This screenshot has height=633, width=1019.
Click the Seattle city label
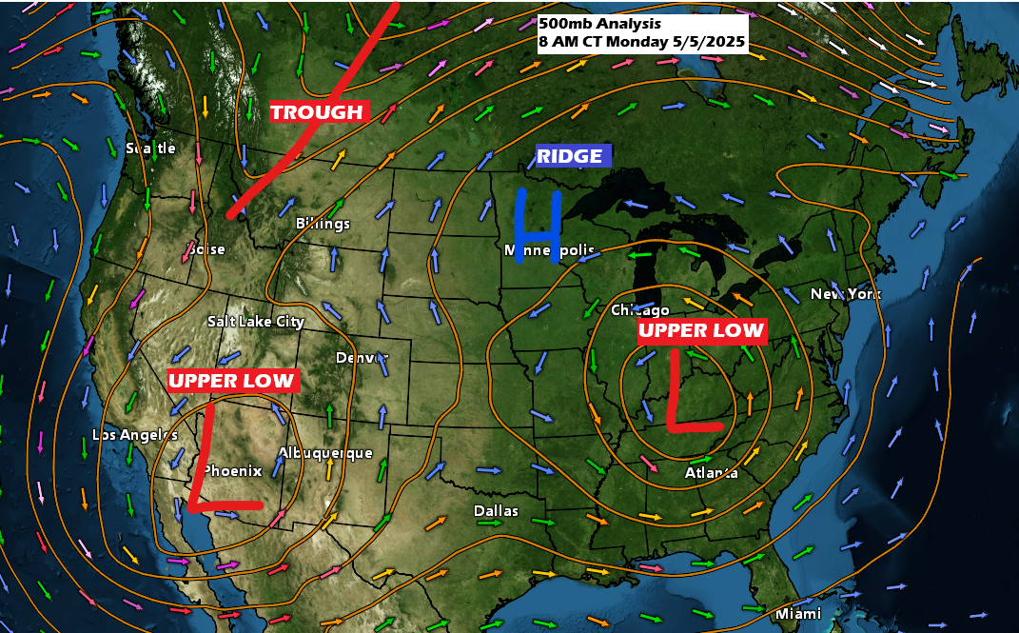[151, 148]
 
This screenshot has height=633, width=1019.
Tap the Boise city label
[206, 249]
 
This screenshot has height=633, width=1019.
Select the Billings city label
[323, 224]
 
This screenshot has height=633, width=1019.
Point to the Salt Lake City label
[256, 322]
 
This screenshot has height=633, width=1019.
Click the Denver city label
[362, 358]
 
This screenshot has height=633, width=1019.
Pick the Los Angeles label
[135, 435]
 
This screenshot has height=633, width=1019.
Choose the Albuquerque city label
[325, 453]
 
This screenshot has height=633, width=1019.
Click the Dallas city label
[497, 511]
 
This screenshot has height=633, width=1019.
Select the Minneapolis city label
[550, 250]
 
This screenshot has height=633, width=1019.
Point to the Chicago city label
[640, 310]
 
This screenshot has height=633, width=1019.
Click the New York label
[846, 294]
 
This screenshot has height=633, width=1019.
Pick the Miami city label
[797, 614]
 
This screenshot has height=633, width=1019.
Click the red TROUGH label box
[318, 112]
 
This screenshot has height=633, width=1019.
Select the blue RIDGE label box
[570, 156]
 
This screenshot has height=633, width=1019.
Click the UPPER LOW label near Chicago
[701, 330]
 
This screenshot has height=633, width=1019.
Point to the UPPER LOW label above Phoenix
[234, 381]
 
